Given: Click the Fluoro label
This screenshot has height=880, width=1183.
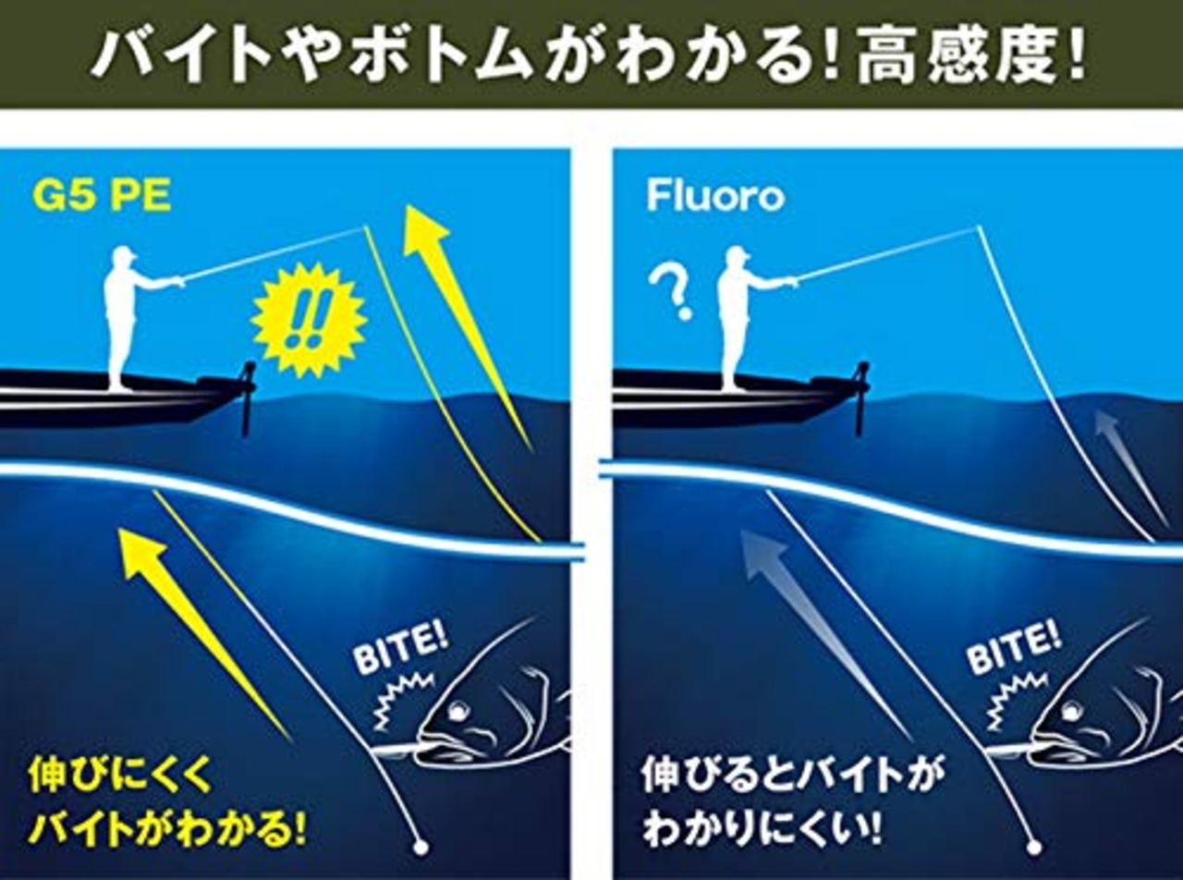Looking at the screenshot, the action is tap(714, 196).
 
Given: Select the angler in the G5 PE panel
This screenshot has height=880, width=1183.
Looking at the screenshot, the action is tap(123, 314).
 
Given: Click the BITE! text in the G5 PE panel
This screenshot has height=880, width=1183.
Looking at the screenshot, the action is tap(400, 650).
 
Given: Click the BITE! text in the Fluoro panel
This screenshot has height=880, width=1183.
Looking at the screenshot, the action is tap(1014, 650).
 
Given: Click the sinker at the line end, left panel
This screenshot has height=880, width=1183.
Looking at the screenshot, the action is tap(419, 845).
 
